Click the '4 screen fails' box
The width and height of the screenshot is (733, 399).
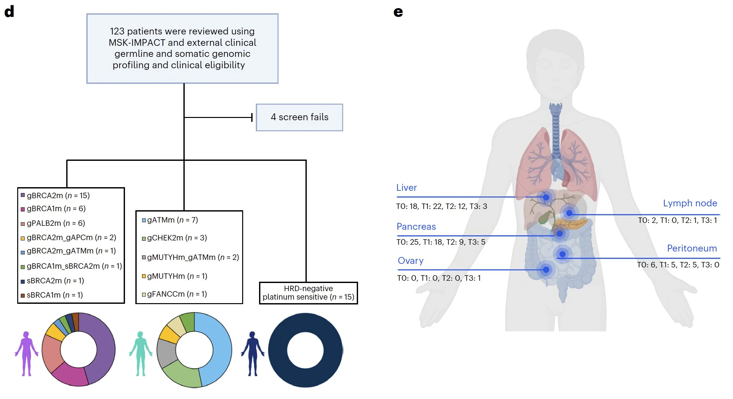299,117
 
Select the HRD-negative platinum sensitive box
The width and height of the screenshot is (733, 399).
308,293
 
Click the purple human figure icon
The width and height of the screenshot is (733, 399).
26,354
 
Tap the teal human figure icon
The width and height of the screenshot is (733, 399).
140,354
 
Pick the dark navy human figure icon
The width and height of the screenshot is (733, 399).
252,354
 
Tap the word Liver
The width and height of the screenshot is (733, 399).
406,187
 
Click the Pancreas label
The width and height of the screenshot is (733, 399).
416,226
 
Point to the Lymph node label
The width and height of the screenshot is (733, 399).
690,203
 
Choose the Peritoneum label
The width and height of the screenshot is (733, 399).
692,248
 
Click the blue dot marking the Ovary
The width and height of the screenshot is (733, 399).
546,270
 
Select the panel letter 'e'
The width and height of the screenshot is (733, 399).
398,12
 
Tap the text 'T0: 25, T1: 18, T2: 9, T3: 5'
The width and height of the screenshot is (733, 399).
441,242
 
